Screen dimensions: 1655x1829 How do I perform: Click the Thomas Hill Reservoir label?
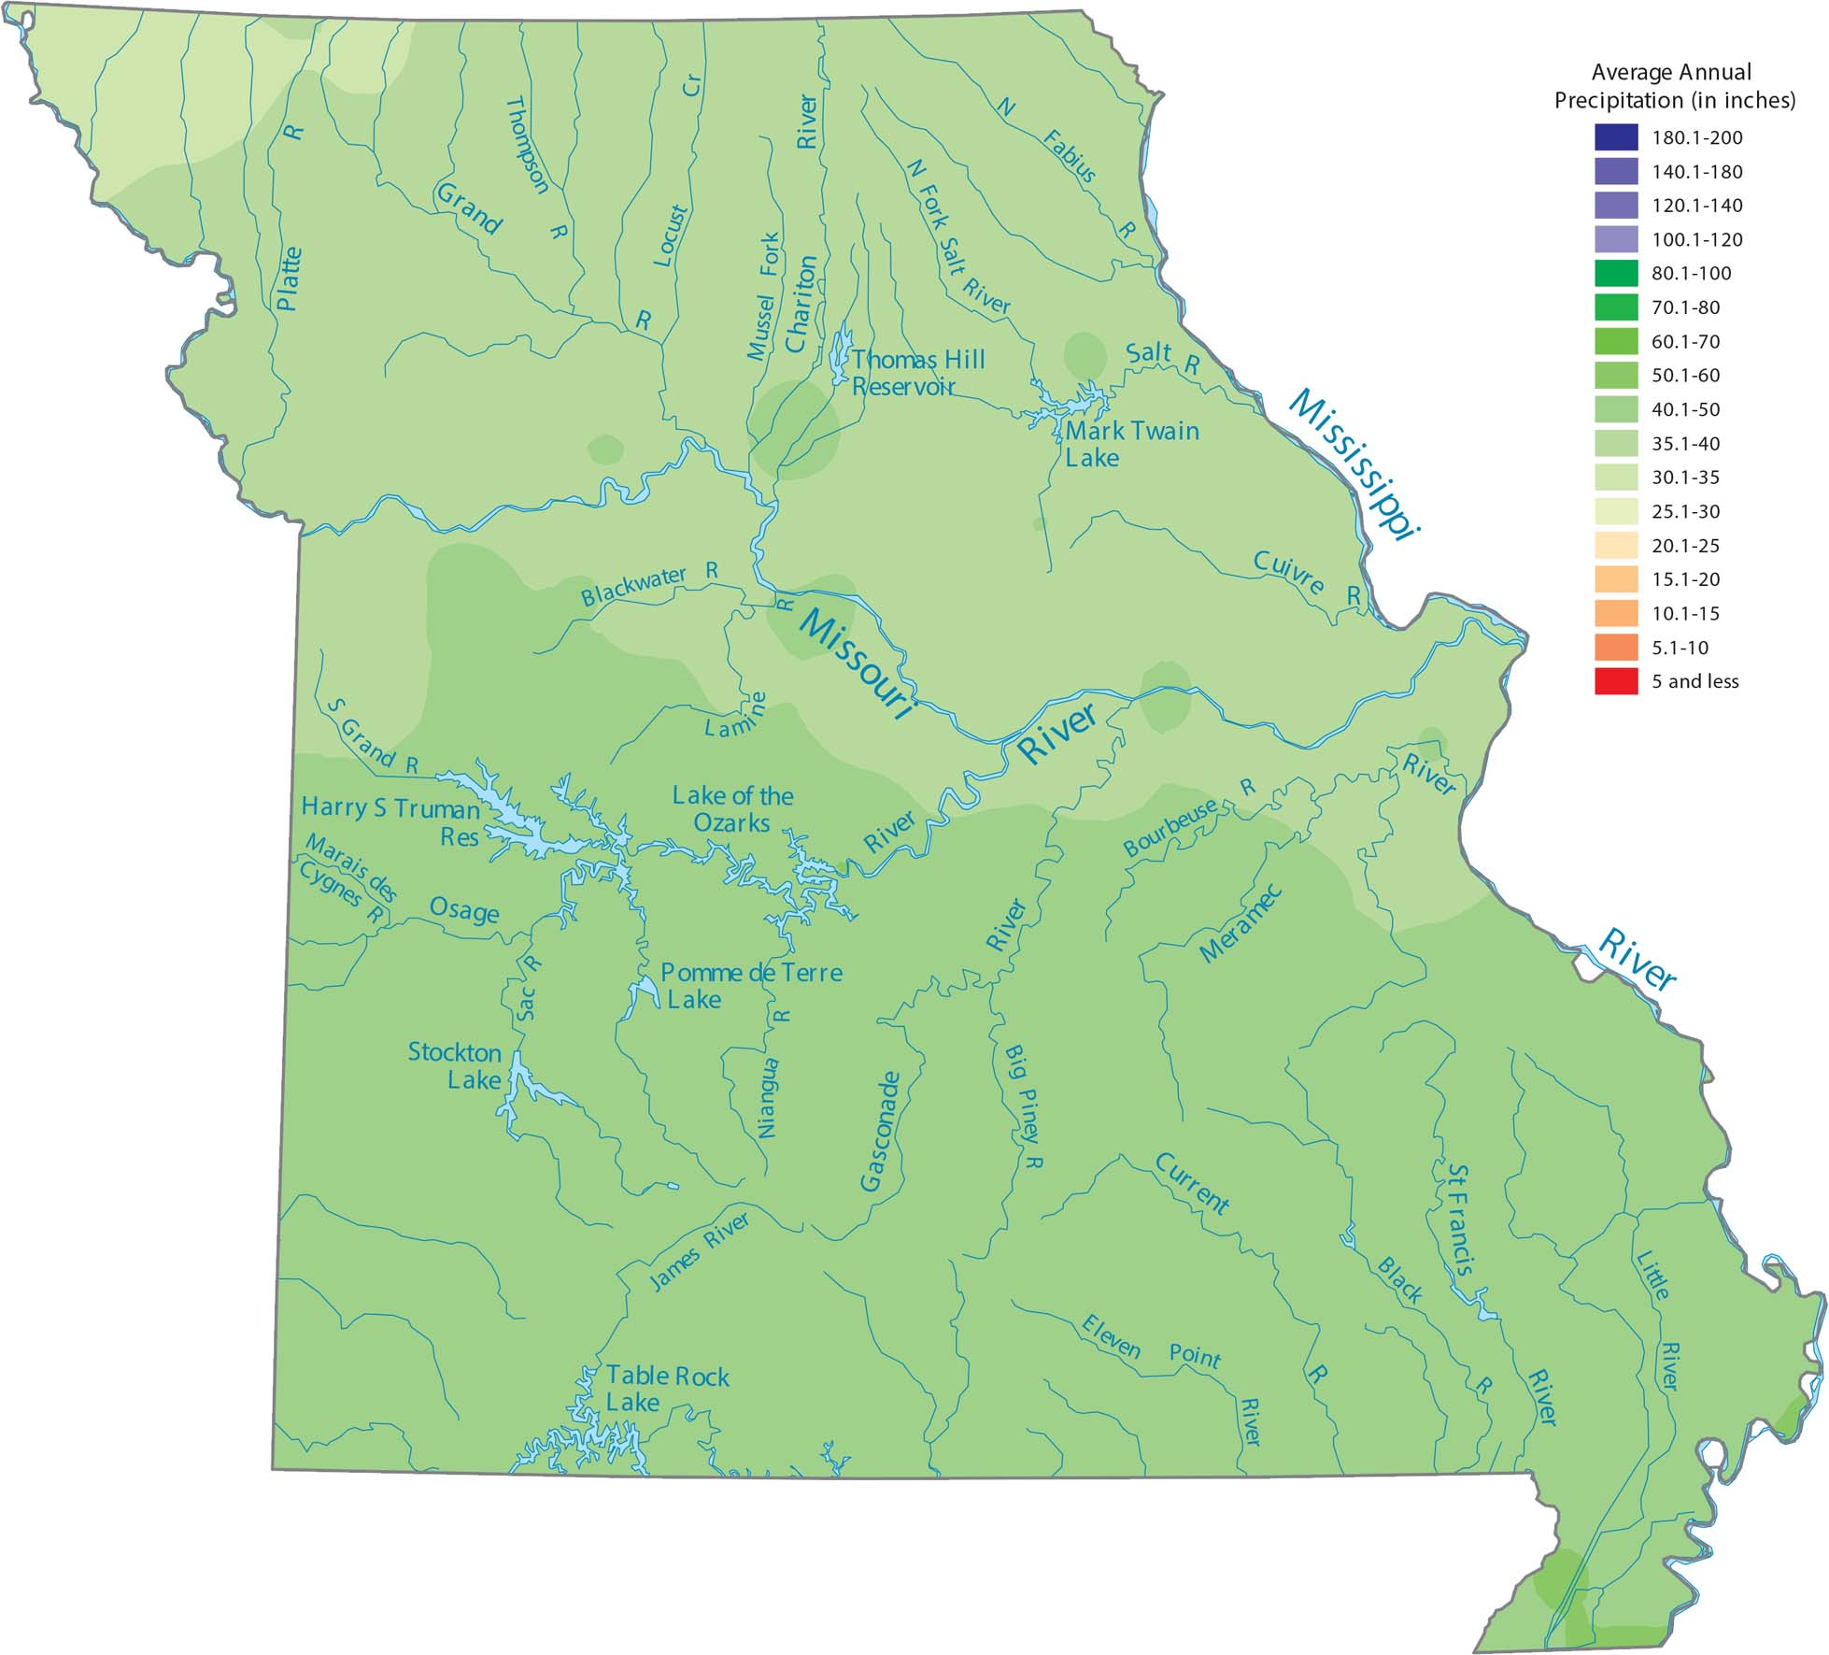point(917,373)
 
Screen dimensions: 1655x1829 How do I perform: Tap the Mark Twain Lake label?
point(1131,444)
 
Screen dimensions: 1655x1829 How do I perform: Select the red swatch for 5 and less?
point(1616,681)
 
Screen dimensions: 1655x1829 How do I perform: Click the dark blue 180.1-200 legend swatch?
point(1616,137)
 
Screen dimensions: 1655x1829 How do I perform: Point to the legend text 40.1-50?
point(1685,409)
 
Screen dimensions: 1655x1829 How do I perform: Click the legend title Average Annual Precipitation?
point(1674,86)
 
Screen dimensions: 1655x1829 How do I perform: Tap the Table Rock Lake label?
point(666,1389)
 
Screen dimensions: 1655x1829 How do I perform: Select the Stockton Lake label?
point(455,1065)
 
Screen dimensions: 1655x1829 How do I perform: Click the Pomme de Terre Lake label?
point(750,985)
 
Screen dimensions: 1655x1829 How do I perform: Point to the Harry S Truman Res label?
point(391,820)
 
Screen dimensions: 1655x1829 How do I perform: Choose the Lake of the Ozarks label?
point(732,809)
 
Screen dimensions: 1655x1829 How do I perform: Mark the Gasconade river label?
point(880,1132)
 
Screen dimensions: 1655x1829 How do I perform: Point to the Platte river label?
point(289,278)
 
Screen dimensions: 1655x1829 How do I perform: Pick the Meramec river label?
point(1241,923)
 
